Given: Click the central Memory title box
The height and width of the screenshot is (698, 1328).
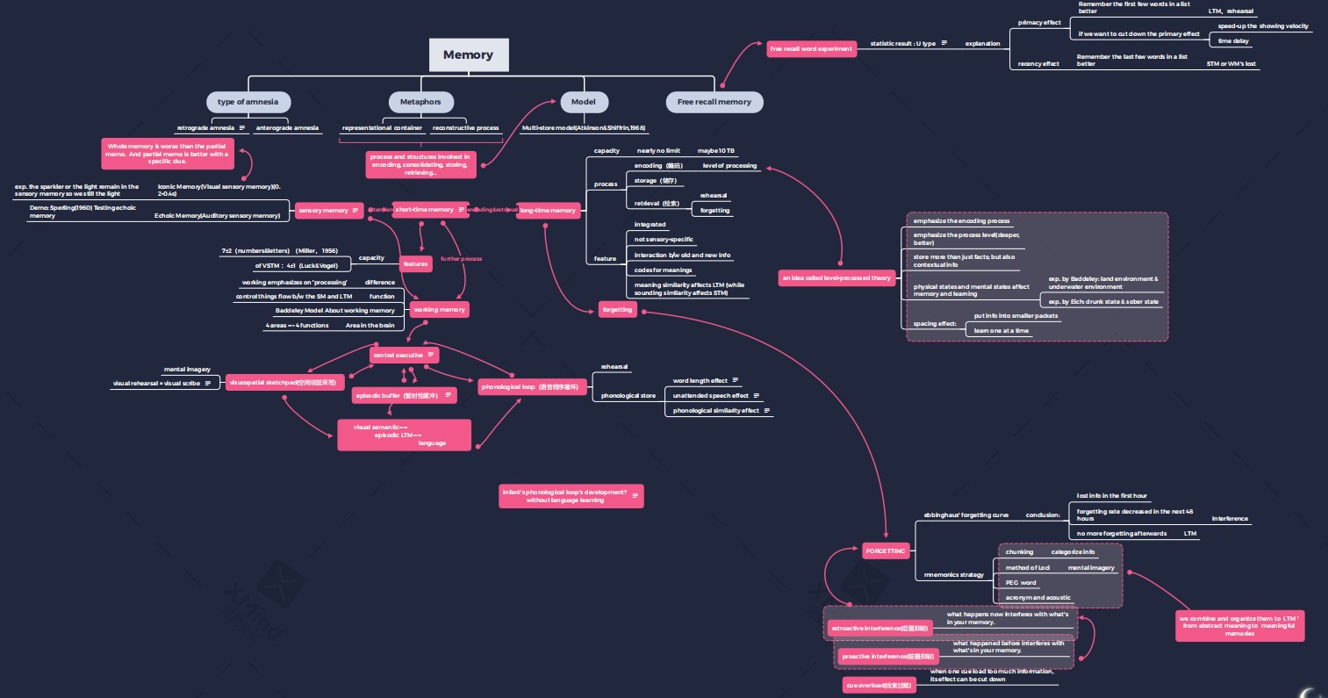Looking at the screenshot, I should [468, 54].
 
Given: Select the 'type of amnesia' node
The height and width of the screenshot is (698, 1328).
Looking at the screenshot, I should [248, 102].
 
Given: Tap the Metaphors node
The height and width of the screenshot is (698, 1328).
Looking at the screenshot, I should [420, 102].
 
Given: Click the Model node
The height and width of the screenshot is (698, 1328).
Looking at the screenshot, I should [583, 102].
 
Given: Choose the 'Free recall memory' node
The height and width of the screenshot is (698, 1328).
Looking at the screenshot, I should [714, 102].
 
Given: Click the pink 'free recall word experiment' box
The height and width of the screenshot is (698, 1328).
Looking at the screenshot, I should [811, 49].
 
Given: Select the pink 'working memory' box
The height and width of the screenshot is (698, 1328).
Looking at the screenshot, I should [439, 310].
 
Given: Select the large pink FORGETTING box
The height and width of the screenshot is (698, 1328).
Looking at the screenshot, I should [885, 551].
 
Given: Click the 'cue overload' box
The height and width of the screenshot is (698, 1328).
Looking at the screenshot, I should [879, 685].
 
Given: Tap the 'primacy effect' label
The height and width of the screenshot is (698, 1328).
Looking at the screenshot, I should [1039, 23].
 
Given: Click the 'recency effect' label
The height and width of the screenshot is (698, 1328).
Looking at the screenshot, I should [1038, 64].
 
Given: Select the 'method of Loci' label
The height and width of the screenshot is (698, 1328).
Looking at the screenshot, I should [1027, 568].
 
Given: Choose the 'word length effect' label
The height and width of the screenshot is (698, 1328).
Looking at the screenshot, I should [700, 381].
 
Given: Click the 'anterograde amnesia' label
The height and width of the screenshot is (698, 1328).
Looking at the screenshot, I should [287, 128].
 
